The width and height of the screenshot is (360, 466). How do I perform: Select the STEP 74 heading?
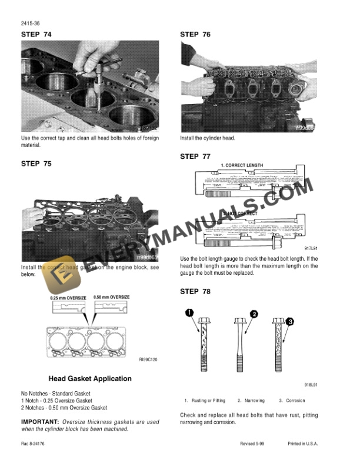tap(36, 35)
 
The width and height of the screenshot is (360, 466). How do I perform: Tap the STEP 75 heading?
tap(36, 164)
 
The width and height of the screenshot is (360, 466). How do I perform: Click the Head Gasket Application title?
tap(89, 378)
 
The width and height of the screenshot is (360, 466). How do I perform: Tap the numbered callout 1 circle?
tap(190, 312)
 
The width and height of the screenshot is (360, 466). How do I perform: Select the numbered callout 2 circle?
tap(254, 314)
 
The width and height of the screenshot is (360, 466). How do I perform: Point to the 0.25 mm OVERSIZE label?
tap(68, 298)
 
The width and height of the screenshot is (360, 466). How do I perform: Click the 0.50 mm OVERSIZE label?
tap(112, 298)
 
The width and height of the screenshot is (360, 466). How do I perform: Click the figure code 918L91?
tap(311, 385)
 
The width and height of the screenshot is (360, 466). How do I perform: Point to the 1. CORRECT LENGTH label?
tap(241, 165)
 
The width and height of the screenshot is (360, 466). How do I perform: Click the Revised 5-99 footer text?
tap(255, 444)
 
